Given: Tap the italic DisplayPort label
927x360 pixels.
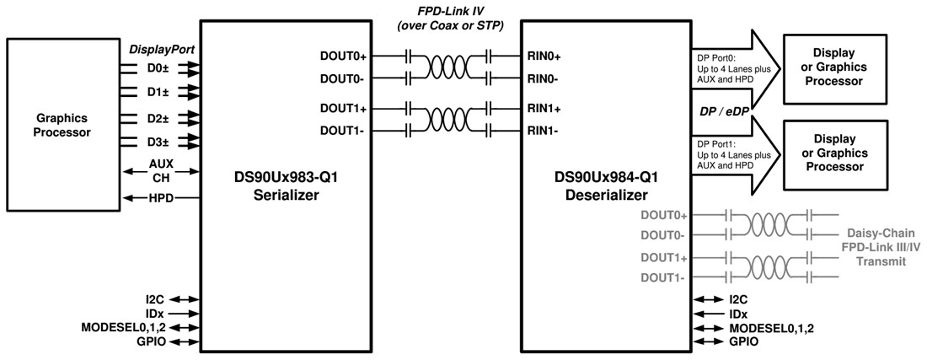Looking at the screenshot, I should click(162, 50).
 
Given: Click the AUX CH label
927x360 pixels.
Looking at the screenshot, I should click(160, 171).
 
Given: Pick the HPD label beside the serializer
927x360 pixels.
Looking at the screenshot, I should click(161, 198).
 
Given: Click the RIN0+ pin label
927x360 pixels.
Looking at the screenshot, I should click(544, 56).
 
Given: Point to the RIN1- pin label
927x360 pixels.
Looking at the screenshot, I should click(544, 131).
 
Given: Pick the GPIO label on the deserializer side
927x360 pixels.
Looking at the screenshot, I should click(743, 341).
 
